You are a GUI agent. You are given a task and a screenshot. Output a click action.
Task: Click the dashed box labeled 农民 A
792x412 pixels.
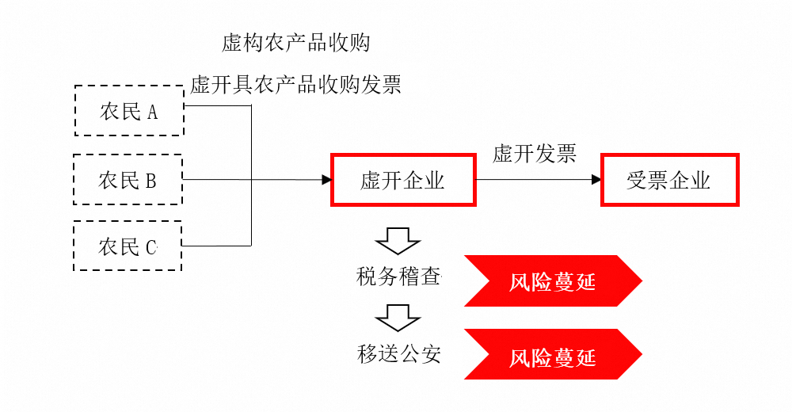[x=129, y=112]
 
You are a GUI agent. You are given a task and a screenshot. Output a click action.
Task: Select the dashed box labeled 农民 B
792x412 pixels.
[x=128, y=181]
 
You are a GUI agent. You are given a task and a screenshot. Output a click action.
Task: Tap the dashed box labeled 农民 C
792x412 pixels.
[x=128, y=246]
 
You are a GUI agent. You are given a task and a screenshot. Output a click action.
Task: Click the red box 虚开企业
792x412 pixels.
[x=402, y=181]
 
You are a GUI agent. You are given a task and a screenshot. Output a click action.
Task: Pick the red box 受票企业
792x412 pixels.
[x=669, y=181]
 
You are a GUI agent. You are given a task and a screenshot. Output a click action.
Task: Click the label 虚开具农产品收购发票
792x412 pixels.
[x=295, y=84]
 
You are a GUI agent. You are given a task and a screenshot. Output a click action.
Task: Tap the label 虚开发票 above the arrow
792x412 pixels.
[x=535, y=154]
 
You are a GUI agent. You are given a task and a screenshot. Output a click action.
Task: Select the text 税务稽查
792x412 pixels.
[x=398, y=277]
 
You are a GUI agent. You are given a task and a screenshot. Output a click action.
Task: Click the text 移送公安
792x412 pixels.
[x=398, y=354]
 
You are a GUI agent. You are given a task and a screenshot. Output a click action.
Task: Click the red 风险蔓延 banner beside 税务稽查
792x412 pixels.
[x=552, y=280]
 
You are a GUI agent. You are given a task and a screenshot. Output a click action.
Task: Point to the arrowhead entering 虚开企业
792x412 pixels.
[x=326, y=181]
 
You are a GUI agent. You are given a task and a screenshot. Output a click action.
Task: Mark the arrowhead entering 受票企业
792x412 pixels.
[x=597, y=181]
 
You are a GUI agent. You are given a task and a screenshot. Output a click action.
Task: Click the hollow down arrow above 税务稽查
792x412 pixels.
[x=398, y=240]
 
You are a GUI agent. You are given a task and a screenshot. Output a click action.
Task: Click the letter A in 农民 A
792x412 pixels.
[x=151, y=113]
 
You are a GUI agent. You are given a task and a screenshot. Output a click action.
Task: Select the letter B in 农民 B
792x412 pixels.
[x=150, y=181]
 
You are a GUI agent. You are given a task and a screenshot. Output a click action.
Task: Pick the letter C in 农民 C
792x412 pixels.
[x=151, y=247]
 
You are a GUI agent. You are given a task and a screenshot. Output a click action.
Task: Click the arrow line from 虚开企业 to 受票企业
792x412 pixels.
[x=535, y=181]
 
